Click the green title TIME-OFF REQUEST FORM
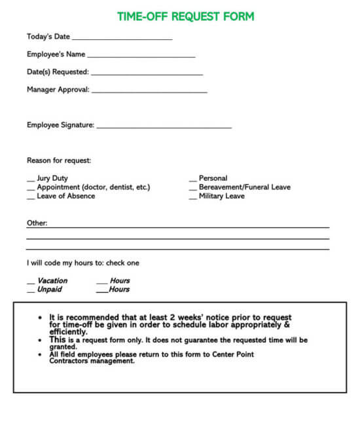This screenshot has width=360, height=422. pyautogui.click(x=186, y=16)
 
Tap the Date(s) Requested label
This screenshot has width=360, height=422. pyautogui.click(x=58, y=72)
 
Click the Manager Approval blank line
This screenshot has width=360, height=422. pyautogui.click(x=149, y=92)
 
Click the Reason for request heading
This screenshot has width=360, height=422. pyautogui.click(x=59, y=161)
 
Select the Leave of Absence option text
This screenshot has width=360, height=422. pyautogui.click(x=65, y=196)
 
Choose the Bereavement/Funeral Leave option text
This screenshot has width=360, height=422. pyautogui.click(x=244, y=187)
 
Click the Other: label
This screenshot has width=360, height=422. pyautogui.click(x=37, y=223)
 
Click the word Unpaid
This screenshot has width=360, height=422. pyautogui.click(x=50, y=289)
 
